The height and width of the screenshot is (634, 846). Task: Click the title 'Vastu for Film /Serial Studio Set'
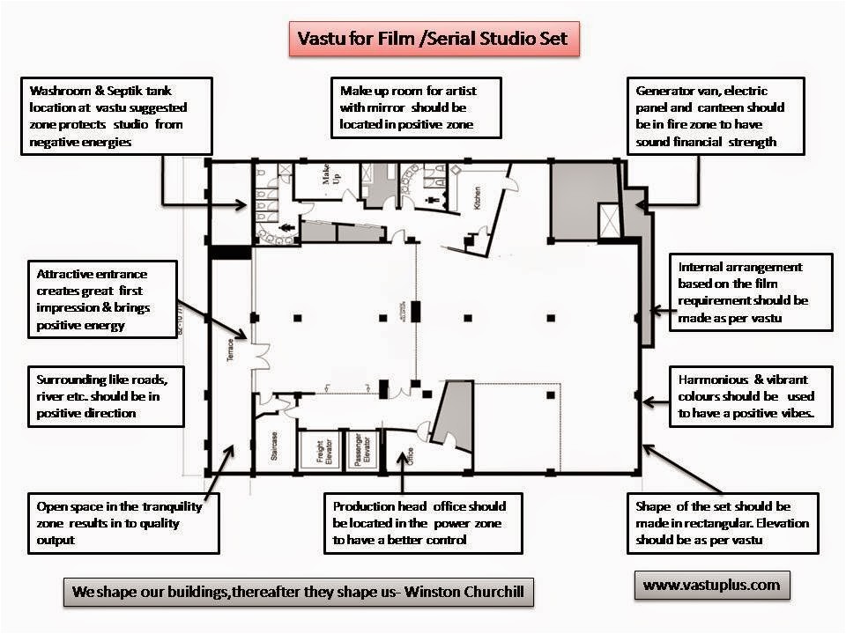434,40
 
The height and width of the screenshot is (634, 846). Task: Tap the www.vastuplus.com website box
711,584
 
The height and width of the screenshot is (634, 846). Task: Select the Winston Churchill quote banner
299,592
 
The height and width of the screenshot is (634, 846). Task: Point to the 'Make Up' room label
330,183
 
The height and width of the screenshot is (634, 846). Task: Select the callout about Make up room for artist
416,107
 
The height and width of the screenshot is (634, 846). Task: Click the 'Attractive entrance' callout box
101,299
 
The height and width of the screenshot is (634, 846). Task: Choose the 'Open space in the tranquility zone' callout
122,523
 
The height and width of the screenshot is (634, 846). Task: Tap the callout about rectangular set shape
723,523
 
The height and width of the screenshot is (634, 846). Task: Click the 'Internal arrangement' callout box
751,293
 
